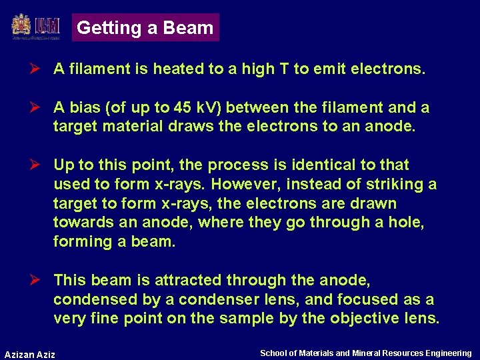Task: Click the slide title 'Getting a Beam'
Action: [145, 28]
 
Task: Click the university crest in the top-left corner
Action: [21, 26]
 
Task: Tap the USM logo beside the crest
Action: [47, 26]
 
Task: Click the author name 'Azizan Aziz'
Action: [30, 353]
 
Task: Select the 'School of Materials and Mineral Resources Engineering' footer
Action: [365, 353]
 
